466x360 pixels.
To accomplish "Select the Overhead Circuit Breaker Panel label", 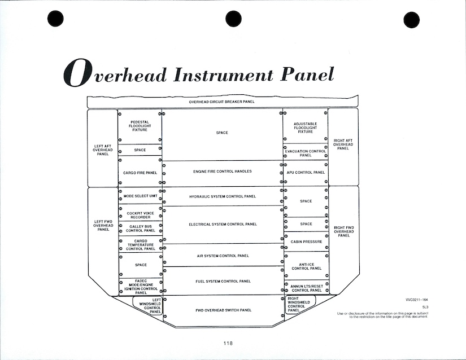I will click(221, 102).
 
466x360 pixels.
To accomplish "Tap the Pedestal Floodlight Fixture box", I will click(140, 126).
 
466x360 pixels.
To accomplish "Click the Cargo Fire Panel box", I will click(140, 173).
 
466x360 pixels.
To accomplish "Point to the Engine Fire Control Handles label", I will click(222, 171).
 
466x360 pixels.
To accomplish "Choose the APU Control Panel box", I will click(306, 173).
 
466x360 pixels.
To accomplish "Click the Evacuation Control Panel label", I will click(306, 153).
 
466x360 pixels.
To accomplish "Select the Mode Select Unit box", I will click(140, 196).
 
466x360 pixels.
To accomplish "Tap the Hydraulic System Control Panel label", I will click(222, 196).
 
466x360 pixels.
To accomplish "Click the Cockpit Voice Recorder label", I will click(140, 215).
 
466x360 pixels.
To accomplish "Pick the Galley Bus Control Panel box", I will click(140, 228).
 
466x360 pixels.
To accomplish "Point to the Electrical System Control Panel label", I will click(222, 224).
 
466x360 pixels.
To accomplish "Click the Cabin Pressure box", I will click(306, 242).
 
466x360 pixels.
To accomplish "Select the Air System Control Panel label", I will click(222, 256).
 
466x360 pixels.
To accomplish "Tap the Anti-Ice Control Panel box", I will click(306, 266).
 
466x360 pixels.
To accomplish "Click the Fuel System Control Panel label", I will click(222, 281).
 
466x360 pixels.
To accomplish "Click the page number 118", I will click(227, 343).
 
